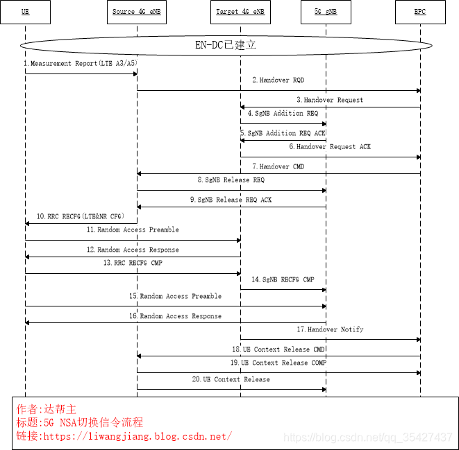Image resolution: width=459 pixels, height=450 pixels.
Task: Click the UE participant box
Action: pyautogui.click(x=26, y=12)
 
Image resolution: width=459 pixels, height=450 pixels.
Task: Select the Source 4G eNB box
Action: pyautogui.click(x=137, y=12)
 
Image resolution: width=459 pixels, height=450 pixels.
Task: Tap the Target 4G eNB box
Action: pyautogui.click(x=240, y=12)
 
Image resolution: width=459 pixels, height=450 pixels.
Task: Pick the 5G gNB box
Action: pyautogui.click(x=326, y=12)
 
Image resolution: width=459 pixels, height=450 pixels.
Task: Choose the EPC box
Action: pyautogui.click(x=420, y=12)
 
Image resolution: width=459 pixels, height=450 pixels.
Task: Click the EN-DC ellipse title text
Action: pyautogui.click(x=226, y=45)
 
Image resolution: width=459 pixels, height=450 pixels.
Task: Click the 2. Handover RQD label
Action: pyautogui.click(x=278, y=80)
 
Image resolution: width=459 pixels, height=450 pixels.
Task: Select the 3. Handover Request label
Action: pyautogui.click(x=329, y=100)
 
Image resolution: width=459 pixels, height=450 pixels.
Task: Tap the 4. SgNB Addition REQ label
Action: pyautogui.click(x=283, y=113)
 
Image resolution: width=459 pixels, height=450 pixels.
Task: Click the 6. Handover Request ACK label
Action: pyautogui.click(x=330, y=146)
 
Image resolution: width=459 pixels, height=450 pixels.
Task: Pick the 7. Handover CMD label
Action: pyautogui.click(x=278, y=166)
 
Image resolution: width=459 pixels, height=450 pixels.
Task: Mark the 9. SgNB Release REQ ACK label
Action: pyautogui.click(x=230, y=200)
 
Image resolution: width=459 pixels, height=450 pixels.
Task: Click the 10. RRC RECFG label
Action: pyautogui.click(x=81, y=216)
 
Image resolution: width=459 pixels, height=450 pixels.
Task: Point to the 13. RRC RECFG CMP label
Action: pyautogui.click(x=133, y=263)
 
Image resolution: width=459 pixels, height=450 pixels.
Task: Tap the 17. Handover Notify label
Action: pyautogui.click(x=330, y=329)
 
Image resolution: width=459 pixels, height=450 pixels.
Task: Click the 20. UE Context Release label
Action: pyautogui.click(x=231, y=379)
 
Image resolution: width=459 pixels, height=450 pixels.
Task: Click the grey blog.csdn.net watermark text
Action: pyautogui.click(x=369, y=438)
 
